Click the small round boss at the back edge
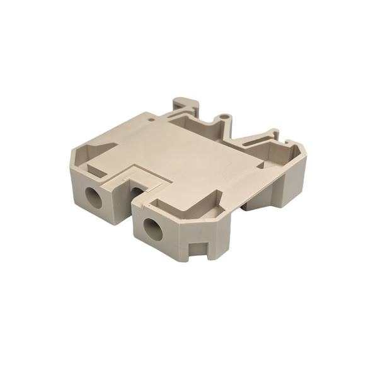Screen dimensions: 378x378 223,117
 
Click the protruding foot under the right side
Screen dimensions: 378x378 261,202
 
